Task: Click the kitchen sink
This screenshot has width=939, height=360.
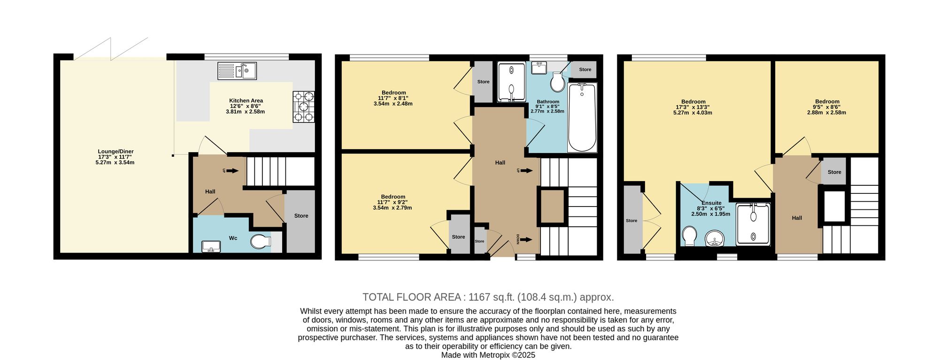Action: point(237,71)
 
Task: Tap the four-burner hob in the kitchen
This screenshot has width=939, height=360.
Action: point(304,107)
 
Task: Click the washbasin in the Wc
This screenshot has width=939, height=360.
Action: point(211,246)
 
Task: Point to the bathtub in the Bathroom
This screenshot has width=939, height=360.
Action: point(582,117)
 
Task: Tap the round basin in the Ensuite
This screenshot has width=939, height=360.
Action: point(715,238)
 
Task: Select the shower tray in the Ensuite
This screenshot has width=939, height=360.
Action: point(753,223)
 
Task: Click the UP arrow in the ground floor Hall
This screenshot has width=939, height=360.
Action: point(232,171)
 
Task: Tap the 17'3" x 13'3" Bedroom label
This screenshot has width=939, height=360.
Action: point(693,107)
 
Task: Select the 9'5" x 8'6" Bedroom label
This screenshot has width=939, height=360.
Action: point(827,107)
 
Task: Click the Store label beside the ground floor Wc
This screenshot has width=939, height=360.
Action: point(301,216)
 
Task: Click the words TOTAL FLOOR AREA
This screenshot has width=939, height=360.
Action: point(412,297)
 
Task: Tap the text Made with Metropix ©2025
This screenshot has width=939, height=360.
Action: point(488,355)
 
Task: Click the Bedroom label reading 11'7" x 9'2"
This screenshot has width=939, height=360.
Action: point(393,202)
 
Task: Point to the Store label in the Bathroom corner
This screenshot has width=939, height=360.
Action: point(585,69)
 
